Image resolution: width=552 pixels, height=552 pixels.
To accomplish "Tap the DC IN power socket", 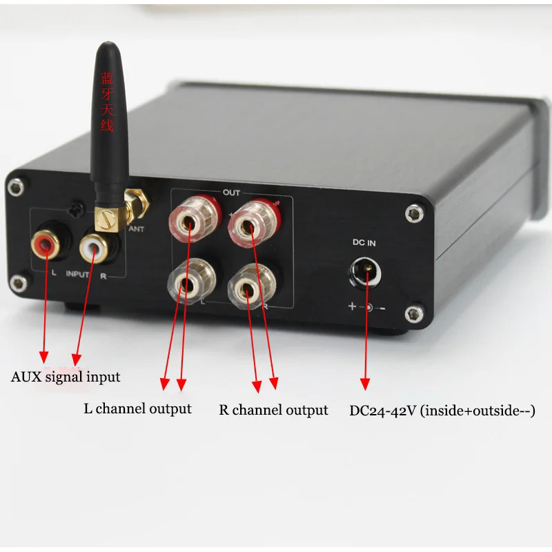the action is (365, 270).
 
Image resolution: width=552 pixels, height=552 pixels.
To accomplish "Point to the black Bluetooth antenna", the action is (108, 117).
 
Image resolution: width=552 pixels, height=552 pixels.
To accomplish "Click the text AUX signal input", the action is (66, 377).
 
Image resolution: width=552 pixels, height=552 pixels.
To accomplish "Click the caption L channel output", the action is (137, 408).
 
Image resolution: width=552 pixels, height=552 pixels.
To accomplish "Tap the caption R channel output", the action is (273, 411).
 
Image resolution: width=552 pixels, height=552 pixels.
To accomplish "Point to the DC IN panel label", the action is (365, 242).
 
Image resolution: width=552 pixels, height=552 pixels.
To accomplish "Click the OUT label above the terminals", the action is (231, 193).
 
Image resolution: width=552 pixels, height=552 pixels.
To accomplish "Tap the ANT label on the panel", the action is (137, 229).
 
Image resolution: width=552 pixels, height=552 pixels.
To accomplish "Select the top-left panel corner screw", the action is (12, 184).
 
